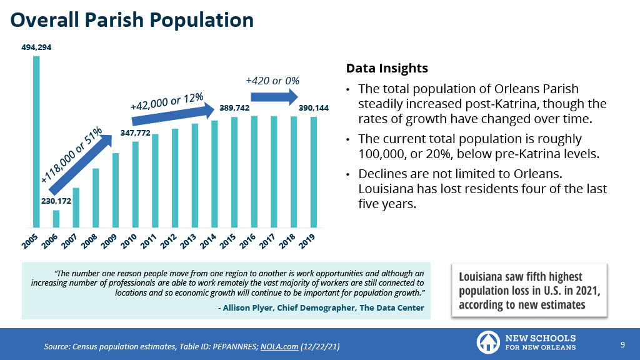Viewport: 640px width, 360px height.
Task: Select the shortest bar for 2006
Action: tap(56, 219)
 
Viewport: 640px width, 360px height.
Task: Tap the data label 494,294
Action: tap(36, 47)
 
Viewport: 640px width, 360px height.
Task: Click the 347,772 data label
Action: tap(134, 133)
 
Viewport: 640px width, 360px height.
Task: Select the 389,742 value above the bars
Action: tap(234, 108)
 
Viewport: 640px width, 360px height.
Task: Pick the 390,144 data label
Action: tap(313, 108)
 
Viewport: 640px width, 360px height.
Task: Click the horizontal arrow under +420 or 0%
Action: tap(274, 97)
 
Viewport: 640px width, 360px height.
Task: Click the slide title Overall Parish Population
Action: tap(132, 20)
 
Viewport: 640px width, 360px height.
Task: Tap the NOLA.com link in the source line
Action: tap(279, 346)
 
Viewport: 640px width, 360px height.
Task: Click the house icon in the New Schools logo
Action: tap(487, 342)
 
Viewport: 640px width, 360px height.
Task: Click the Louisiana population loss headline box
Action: tap(529, 290)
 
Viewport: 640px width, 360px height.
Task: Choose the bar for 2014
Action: tap(214, 174)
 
